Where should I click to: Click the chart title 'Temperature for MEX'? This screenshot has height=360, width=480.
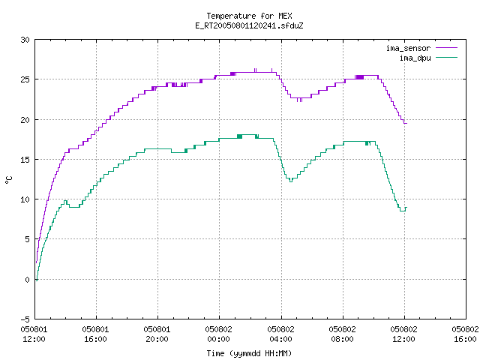pyautogui.click(x=249, y=16)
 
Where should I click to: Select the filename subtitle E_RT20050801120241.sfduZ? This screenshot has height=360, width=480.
pyautogui.click(x=249, y=25)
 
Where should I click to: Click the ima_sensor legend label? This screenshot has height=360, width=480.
pyautogui.click(x=408, y=48)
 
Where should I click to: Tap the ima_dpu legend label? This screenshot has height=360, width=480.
pyautogui.click(x=415, y=58)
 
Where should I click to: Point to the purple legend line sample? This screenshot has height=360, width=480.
pyautogui.click(x=446, y=48)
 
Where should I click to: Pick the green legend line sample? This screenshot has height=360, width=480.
pyautogui.click(x=446, y=57)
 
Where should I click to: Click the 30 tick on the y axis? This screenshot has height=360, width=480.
pyautogui.click(x=25, y=40)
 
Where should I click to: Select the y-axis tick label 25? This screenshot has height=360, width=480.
pyautogui.click(x=25, y=79)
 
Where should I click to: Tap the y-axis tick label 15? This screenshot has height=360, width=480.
pyautogui.click(x=25, y=160)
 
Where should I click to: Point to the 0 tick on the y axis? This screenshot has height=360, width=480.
pyautogui.click(x=28, y=280)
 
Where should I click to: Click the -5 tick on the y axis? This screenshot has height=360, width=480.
pyautogui.click(x=25, y=319)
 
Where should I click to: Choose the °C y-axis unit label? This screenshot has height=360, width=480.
pyautogui.click(x=8, y=180)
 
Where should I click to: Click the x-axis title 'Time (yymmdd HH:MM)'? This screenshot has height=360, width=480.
pyautogui.click(x=249, y=353)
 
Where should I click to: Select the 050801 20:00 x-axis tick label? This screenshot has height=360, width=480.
pyautogui.click(x=157, y=334)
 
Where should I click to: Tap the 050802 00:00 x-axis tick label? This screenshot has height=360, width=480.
pyautogui.click(x=218, y=334)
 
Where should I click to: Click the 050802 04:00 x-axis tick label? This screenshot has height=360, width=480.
pyautogui.click(x=280, y=334)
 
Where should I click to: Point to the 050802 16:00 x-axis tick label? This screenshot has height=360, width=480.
pyautogui.click(x=465, y=334)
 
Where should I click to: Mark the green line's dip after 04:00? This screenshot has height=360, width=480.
pyautogui.click(x=291, y=181)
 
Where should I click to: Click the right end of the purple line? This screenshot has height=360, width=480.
pyautogui.click(x=406, y=123)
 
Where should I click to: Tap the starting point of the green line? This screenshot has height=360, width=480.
pyautogui.click(x=37, y=280)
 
